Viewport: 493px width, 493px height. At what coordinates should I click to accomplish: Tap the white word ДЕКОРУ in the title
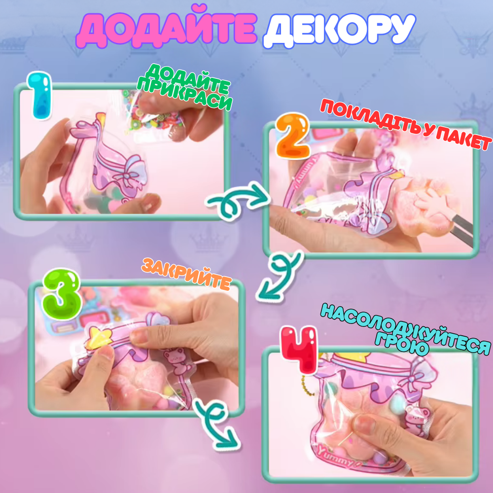click(x=339, y=31)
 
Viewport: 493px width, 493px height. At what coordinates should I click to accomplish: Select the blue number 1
click(x=41, y=96)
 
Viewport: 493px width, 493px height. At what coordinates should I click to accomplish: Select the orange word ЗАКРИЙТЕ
click(x=186, y=274)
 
